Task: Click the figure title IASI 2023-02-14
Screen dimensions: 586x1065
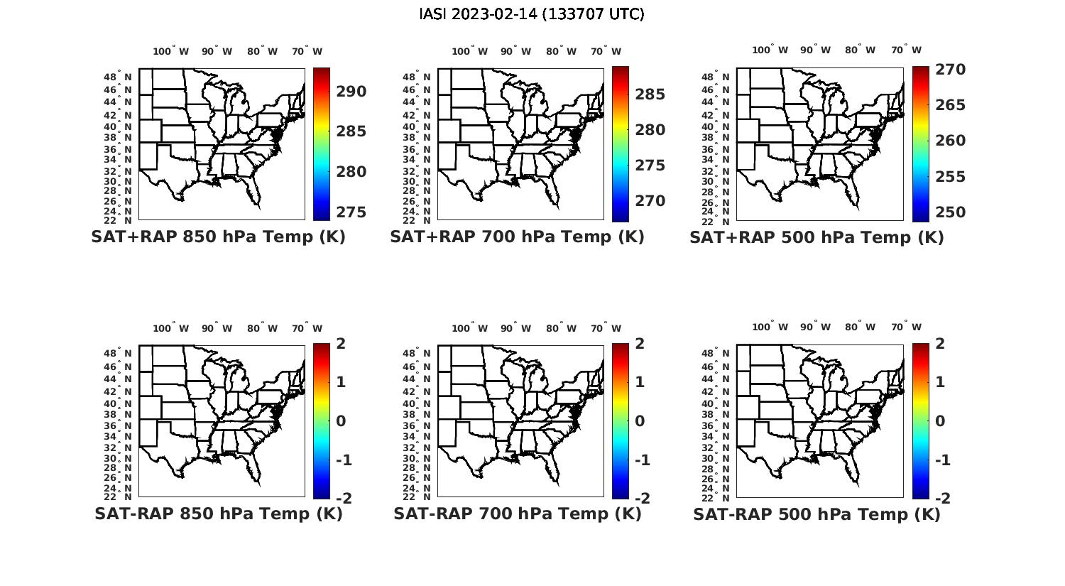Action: (x=532, y=14)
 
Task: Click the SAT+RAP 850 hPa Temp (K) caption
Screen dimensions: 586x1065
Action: (x=218, y=237)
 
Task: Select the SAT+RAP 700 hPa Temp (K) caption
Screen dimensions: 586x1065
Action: (x=517, y=237)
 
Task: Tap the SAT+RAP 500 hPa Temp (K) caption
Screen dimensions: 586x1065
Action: (x=816, y=238)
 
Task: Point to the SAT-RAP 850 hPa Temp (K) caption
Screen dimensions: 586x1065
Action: (x=218, y=514)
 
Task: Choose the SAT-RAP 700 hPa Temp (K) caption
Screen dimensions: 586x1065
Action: (x=517, y=514)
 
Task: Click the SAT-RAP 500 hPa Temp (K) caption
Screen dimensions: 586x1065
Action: (x=816, y=514)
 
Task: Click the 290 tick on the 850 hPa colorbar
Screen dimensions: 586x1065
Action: (x=351, y=92)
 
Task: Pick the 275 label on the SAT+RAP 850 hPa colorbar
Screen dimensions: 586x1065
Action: (x=351, y=212)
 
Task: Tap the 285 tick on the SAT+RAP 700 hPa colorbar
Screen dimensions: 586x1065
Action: (x=650, y=94)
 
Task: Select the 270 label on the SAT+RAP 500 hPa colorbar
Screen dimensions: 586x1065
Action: (x=950, y=70)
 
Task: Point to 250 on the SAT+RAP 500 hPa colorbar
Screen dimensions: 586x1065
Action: (x=950, y=212)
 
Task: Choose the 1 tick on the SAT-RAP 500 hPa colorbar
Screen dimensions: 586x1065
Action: (x=941, y=382)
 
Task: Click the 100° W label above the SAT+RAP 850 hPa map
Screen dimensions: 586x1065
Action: (x=171, y=51)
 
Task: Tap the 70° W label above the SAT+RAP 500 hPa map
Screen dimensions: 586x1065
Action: (x=906, y=50)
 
